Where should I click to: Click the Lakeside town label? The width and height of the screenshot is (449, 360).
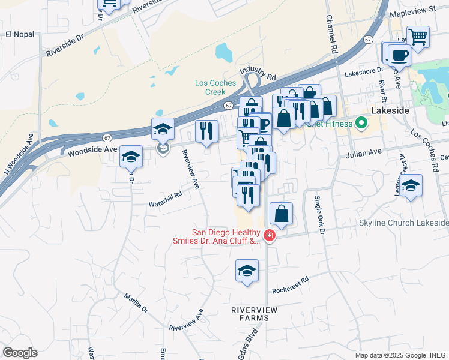coord(390,111)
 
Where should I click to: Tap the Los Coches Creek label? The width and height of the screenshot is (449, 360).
coord(210,88)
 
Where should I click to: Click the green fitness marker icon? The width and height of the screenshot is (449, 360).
coord(361,124)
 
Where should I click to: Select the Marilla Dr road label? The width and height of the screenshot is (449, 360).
coord(136,303)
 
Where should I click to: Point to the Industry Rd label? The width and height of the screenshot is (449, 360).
coord(257,75)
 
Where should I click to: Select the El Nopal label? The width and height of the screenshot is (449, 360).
coord(17,34)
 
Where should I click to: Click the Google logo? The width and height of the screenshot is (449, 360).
coord(20,353)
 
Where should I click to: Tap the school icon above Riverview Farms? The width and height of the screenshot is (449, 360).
coord(247,272)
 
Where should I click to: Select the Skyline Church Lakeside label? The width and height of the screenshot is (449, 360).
coord(403,223)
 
